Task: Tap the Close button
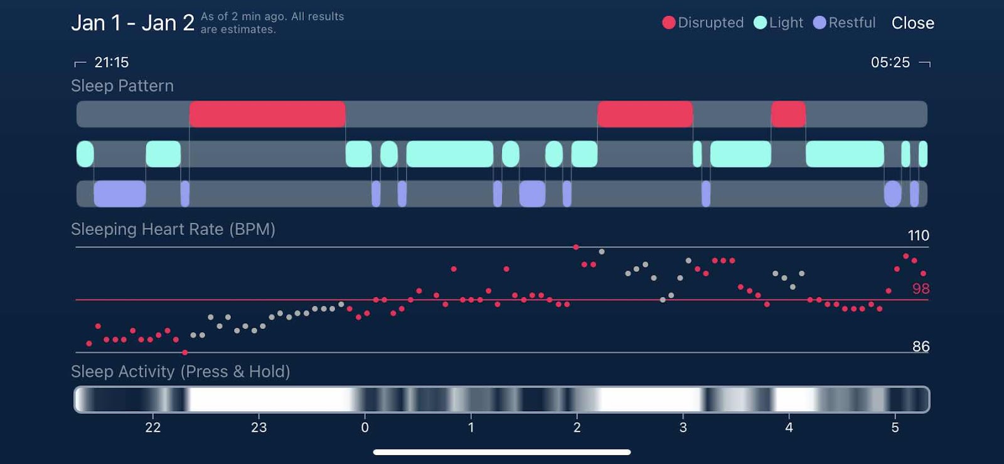[x=912, y=23]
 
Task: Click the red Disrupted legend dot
[x=669, y=23]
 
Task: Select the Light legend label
[x=786, y=23]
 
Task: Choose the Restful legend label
[x=852, y=23]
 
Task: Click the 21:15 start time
[x=111, y=62]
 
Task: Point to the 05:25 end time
[x=890, y=62]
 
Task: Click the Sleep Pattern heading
[x=122, y=86]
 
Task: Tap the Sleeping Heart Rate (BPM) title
[x=173, y=229]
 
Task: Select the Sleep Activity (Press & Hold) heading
[x=181, y=372]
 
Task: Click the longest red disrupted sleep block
[x=267, y=114]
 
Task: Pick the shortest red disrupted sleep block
[x=788, y=114]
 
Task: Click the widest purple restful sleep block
[x=120, y=193]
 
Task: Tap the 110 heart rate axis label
[x=918, y=235]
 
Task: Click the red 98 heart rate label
[x=921, y=289]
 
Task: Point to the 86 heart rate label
[x=921, y=347]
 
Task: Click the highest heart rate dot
[x=576, y=247]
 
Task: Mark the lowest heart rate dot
[x=184, y=353]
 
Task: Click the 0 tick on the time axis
[x=365, y=428]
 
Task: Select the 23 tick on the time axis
[x=259, y=428]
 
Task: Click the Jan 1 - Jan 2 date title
[x=132, y=23]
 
